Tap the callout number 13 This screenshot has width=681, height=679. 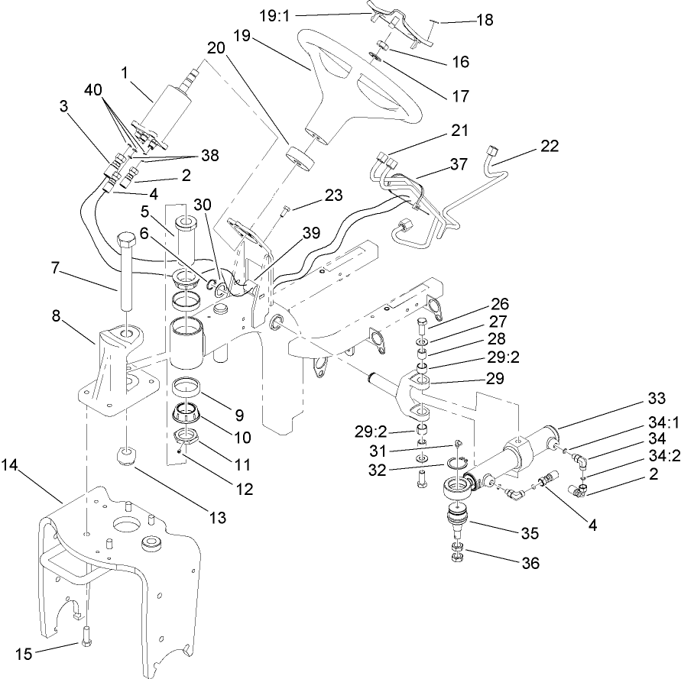(218, 518)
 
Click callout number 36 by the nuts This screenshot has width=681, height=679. (529, 564)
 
